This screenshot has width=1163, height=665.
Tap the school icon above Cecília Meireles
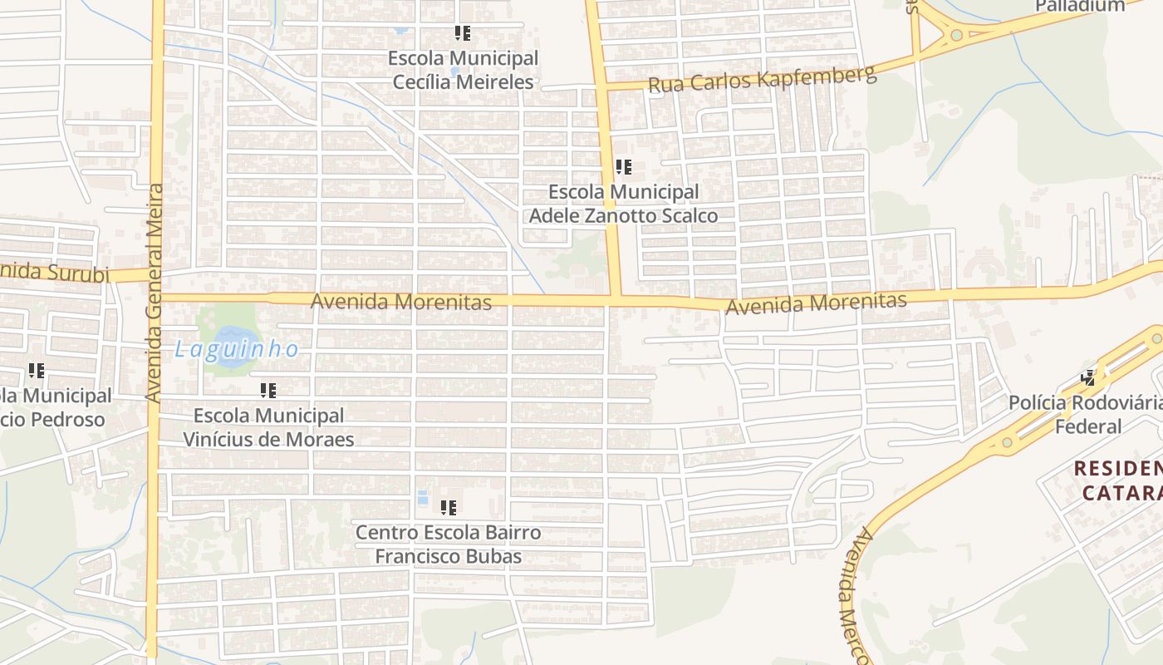[463, 33]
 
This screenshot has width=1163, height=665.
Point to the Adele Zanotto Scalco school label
[623, 204]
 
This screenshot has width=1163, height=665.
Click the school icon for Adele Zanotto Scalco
[624, 167]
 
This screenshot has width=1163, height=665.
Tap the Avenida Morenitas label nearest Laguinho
[400, 302]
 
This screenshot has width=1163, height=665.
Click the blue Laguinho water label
[237, 349]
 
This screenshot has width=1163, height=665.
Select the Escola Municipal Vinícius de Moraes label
[268, 427]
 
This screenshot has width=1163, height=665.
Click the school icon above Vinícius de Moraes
[267, 390]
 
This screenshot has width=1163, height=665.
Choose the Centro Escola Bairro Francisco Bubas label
[448, 544]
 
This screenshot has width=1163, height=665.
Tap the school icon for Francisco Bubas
[449, 507]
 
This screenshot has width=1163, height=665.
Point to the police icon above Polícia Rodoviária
[1088, 378]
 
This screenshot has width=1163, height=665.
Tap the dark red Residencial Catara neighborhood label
[1118, 480]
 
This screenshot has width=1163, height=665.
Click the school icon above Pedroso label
[36, 371]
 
